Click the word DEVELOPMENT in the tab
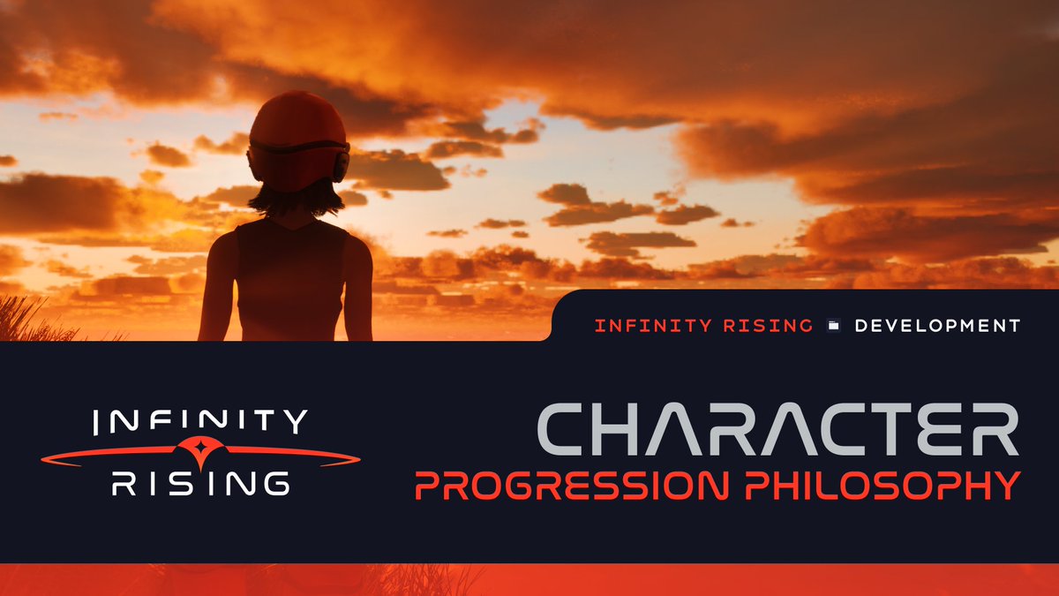[x=937, y=326]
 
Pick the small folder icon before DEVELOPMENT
[x=833, y=326]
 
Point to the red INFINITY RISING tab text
[x=703, y=326]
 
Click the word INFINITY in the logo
[x=201, y=422]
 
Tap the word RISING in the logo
[x=201, y=482]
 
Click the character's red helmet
[x=297, y=124]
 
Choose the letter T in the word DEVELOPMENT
[x=1013, y=326]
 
